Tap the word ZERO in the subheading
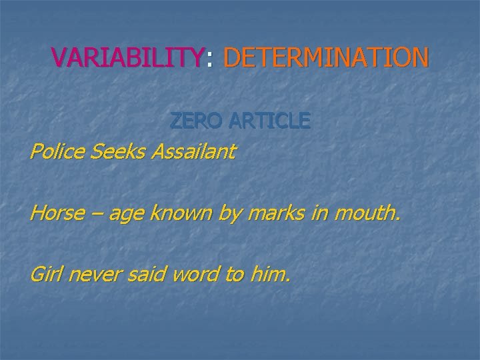194,121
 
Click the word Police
54,152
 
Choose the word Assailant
193,152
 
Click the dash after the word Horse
97,215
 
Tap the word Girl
45,274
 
